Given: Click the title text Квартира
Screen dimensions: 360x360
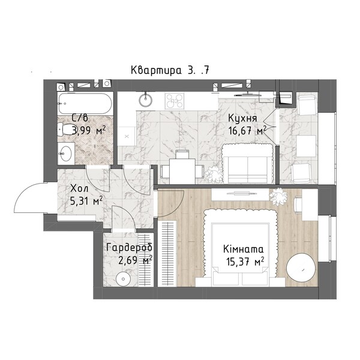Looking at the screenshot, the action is coord(155,70).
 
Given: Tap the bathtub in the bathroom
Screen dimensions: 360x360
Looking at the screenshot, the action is coord(85,104).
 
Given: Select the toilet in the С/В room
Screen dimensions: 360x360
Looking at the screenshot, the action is coord(65,129).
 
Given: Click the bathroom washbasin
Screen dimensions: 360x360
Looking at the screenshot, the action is coord(66,154).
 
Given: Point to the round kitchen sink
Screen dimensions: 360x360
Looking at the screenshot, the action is coord(145,100).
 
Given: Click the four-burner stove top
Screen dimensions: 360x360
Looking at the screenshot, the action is coord(175,101).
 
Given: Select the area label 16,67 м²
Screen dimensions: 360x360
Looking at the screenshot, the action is coord(247,131).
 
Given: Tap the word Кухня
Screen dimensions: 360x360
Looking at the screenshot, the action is coord(242,118).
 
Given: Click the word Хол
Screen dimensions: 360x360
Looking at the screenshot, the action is coord(79,189).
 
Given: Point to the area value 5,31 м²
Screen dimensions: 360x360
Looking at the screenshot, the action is coord(86,202).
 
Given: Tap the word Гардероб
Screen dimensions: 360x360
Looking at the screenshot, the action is coord(130,248).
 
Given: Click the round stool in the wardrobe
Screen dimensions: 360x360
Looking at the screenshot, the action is coord(123,279).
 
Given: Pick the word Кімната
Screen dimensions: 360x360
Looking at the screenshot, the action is coord(244,249).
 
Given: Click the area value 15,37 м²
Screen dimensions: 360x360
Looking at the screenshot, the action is coord(245,262).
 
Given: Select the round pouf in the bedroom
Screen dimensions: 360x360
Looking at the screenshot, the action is coord(301,267).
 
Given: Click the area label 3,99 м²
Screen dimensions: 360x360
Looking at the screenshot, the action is coord(89,131).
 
